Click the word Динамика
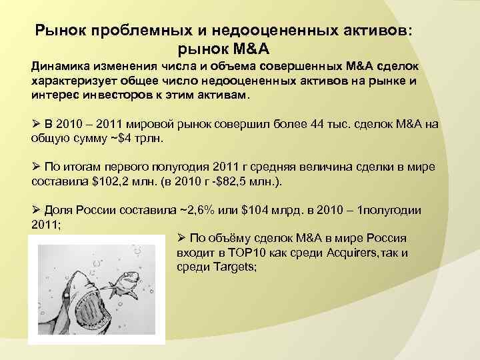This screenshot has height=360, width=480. (x=59, y=69)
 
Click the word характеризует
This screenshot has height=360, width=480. (x=73, y=82)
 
